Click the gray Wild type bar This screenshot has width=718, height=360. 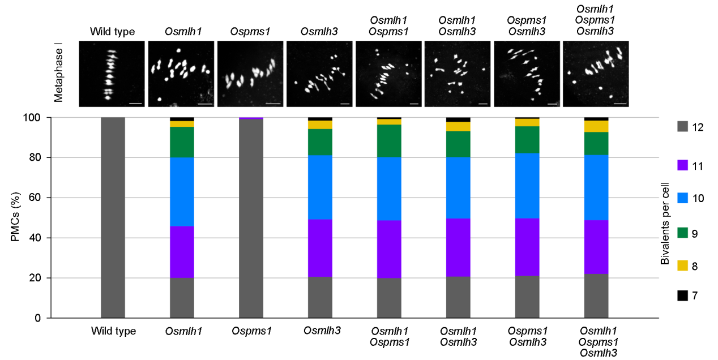point(113,218)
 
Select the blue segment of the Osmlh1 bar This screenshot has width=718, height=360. point(182,192)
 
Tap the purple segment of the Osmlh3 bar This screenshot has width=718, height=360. point(320,248)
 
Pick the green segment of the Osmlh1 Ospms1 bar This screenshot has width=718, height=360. point(389,140)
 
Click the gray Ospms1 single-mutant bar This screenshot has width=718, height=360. point(251,218)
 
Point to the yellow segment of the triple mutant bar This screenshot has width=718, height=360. point(596,126)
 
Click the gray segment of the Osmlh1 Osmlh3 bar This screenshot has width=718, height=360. point(458,297)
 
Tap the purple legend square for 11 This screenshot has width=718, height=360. point(683,165)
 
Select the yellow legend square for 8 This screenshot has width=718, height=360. point(683,265)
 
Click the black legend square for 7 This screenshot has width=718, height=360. point(683,295)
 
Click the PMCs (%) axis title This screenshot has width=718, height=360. point(16,217)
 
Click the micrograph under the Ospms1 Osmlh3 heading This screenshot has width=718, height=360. point(527,74)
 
